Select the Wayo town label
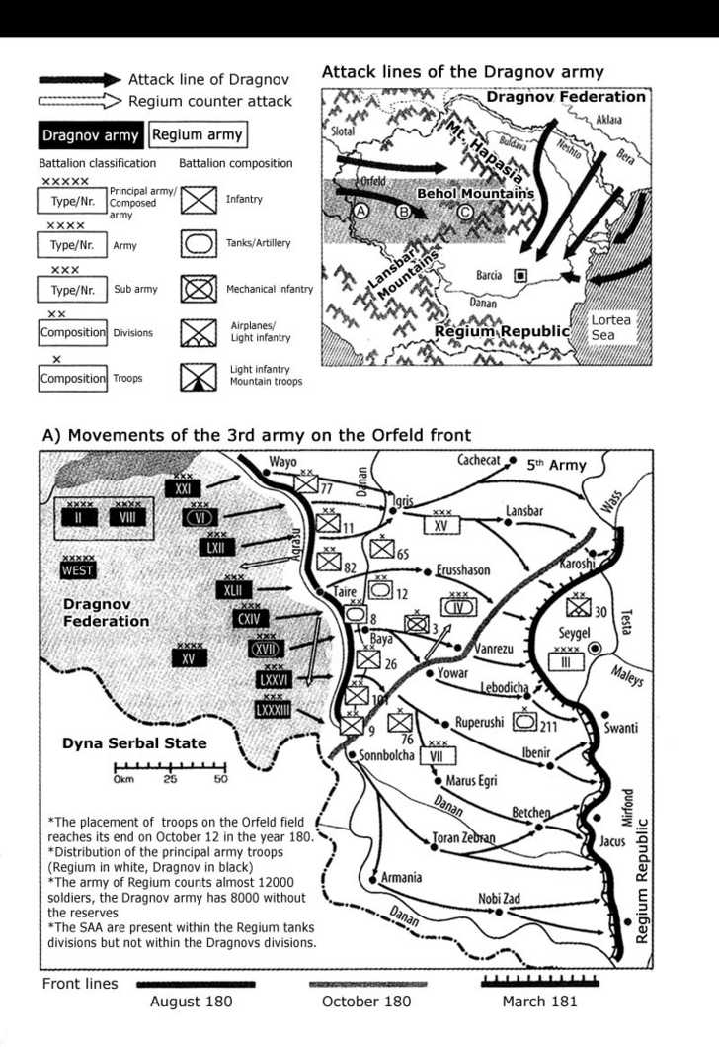(x=282, y=462)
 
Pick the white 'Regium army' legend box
(x=196, y=134)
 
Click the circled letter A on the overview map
(x=360, y=211)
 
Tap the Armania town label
(x=402, y=877)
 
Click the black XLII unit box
(x=233, y=590)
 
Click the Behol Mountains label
(x=475, y=194)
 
